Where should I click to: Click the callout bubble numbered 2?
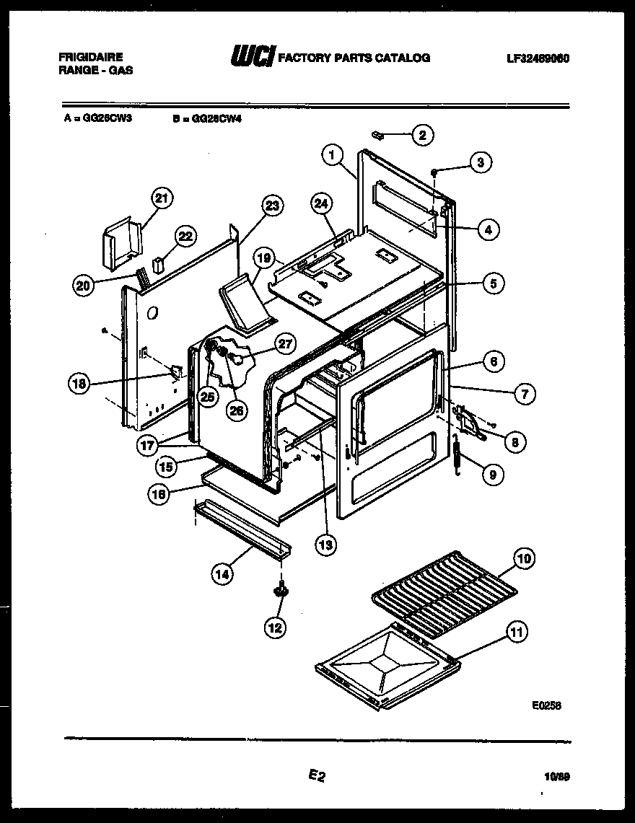click(422, 134)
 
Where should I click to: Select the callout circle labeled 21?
click(162, 198)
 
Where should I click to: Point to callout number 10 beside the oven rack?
click(525, 558)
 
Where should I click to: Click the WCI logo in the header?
click(251, 58)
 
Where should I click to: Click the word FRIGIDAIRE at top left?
click(89, 56)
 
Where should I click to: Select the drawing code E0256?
click(546, 706)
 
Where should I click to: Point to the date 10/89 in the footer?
click(557, 776)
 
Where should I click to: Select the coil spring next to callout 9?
click(457, 454)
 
